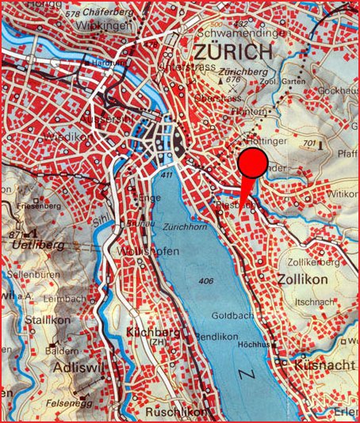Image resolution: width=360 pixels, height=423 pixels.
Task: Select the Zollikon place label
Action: click(x=303, y=279)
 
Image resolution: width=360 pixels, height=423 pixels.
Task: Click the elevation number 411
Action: click(x=166, y=174)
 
